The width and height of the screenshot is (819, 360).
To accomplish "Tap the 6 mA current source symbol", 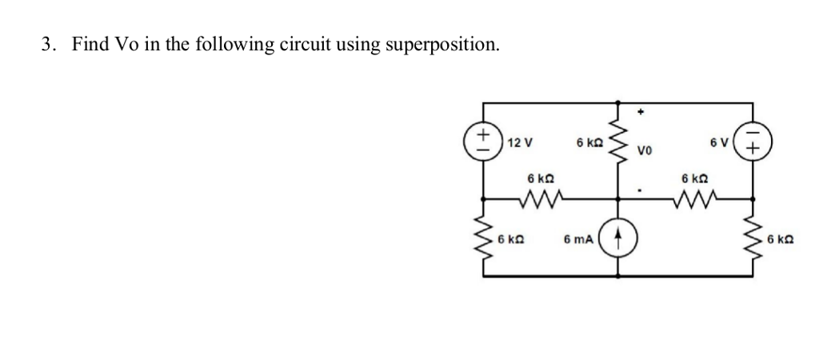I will point(617,239).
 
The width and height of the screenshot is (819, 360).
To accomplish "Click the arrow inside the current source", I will point(617,239).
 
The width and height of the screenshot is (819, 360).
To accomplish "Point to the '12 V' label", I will point(520,142).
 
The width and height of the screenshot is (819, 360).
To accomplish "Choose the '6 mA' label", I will point(580,239).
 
